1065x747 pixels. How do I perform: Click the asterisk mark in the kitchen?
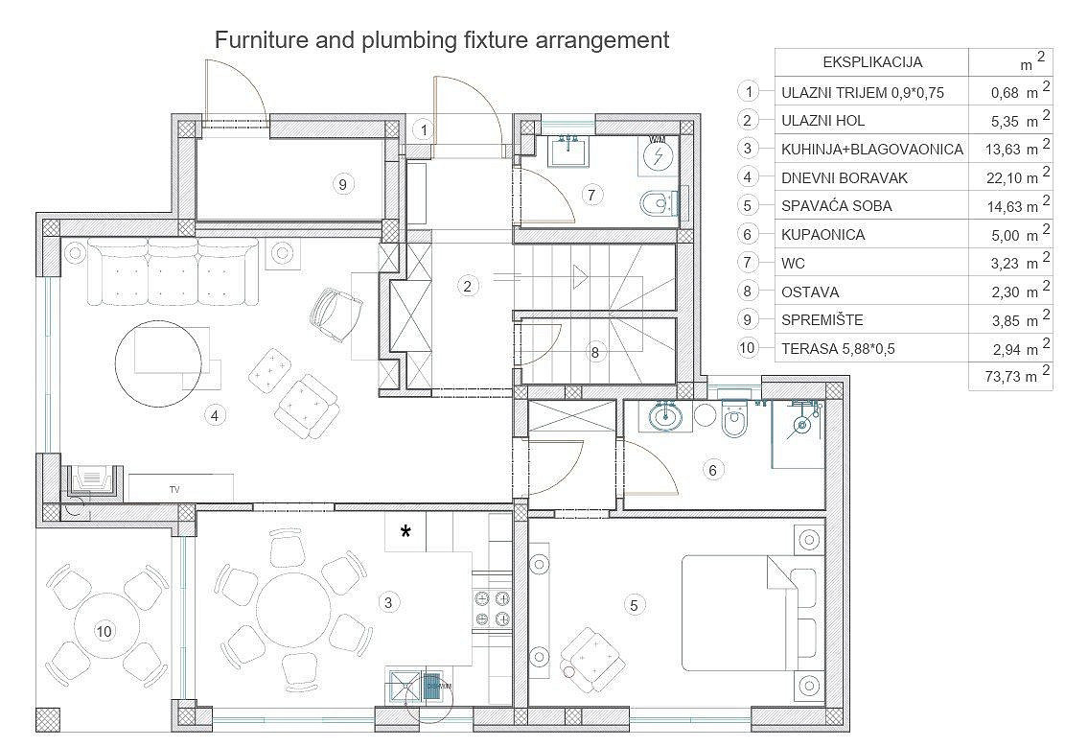405,531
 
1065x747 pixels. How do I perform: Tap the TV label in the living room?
174,489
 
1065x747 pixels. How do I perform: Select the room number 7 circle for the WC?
591,195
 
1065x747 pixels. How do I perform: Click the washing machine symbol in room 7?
658,154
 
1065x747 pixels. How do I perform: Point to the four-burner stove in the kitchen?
492,608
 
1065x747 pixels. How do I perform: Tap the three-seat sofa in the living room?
174,272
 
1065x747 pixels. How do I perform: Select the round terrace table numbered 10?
104,631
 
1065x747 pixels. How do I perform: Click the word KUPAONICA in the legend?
822,235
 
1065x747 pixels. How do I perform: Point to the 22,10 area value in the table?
1004,178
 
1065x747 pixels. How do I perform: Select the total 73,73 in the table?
1003,377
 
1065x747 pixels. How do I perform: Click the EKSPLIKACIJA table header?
872,62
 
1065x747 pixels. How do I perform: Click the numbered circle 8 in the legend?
747,291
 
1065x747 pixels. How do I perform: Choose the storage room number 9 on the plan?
342,184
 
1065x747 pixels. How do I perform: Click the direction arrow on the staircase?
579,276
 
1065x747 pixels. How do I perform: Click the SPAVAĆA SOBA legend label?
836,206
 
